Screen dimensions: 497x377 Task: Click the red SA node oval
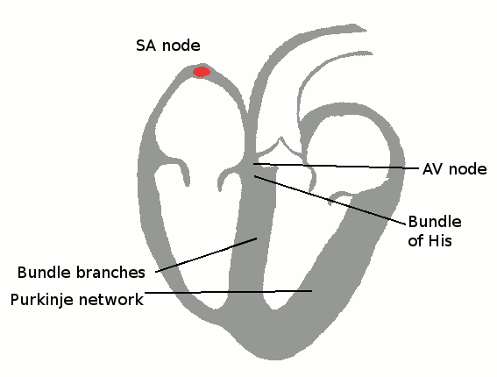[x=202, y=72]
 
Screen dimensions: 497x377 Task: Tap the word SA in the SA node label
[x=146, y=46]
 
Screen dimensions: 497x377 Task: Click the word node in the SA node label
[x=181, y=46]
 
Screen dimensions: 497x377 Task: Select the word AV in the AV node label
[x=433, y=169]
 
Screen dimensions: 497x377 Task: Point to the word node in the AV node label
[x=468, y=169]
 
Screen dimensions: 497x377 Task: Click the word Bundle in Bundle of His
[x=435, y=222]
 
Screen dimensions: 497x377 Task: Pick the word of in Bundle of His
[x=415, y=240]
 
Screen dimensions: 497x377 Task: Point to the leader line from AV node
[x=336, y=166]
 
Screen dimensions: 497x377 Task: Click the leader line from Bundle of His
[x=330, y=200]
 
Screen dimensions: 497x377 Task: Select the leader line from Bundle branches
[x=206, y=255]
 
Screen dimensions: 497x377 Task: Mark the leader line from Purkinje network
[x=228, y=291]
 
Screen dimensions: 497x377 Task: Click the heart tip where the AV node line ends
[x=253, y=164]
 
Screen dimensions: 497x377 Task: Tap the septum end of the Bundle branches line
[x=257, y=238]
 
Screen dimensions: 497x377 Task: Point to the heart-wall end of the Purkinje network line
[x=311, y=290]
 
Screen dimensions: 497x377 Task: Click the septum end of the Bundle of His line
[x=254, y=176]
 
